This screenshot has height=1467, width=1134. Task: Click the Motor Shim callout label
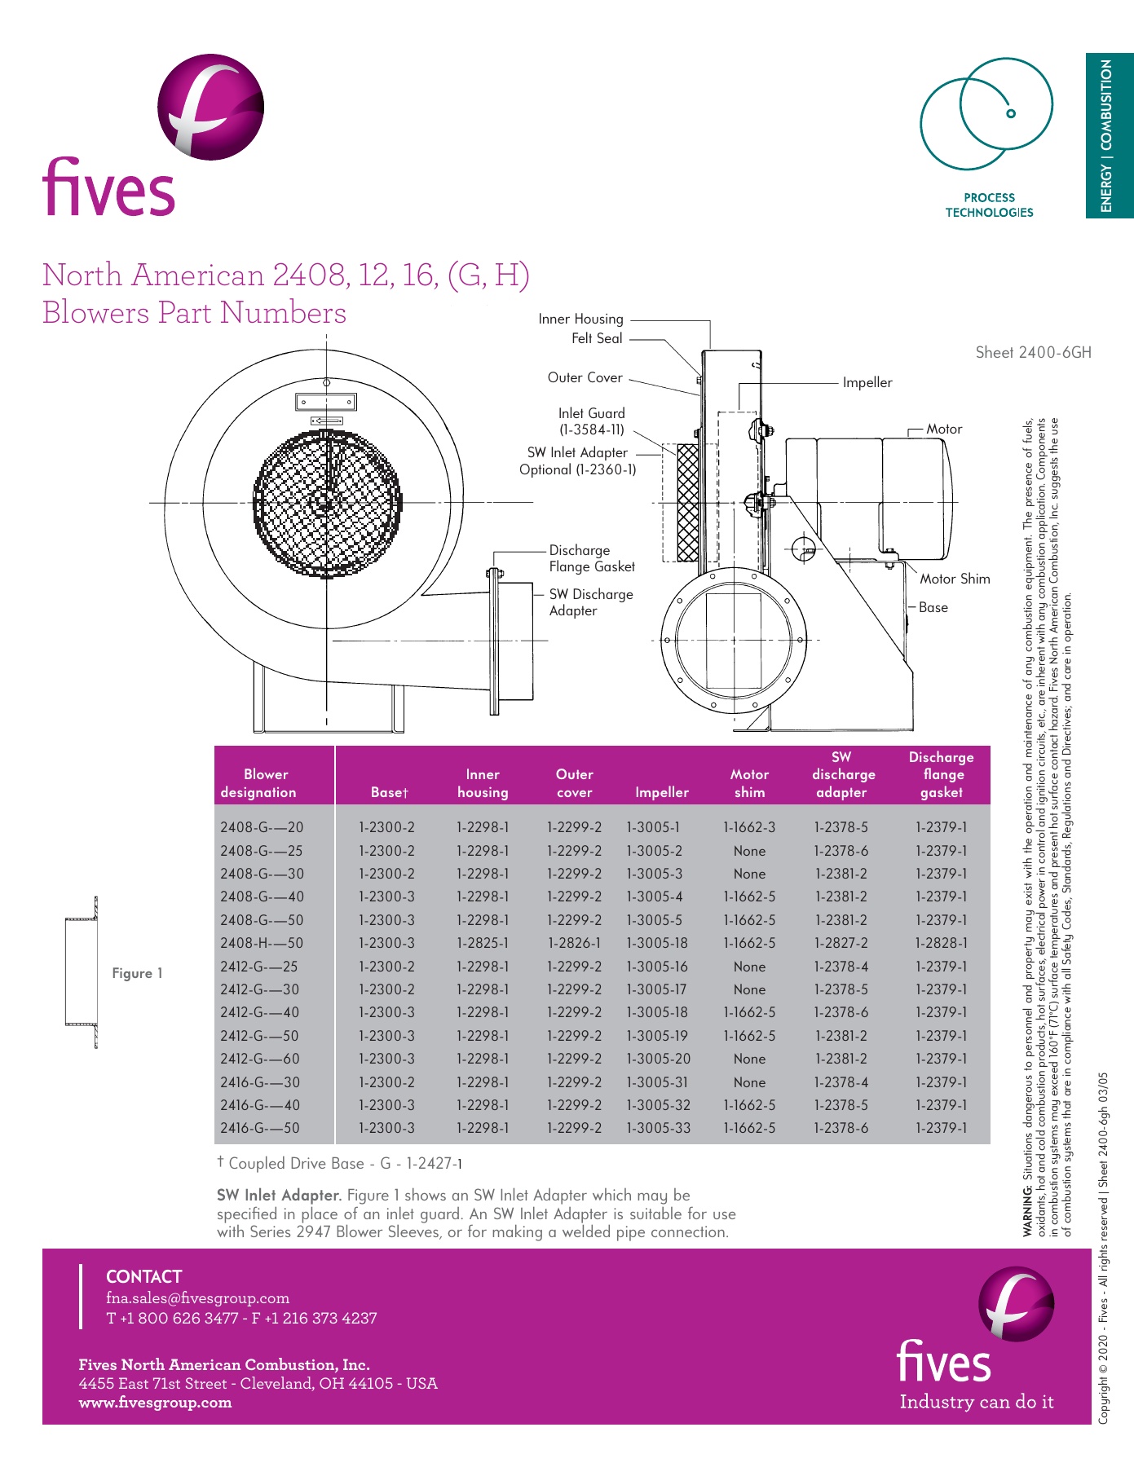(x=955, y=579)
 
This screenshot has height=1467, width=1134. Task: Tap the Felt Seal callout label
(x=597, y=338)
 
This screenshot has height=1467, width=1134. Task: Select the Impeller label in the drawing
(x=867, y=382)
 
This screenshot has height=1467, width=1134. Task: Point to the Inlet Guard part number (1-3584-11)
(x=592, y=430)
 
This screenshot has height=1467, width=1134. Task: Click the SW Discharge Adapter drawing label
(x=590, y=602)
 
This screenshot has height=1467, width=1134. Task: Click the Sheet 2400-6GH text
(x=1033, y=352)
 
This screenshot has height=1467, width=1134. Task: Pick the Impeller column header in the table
(x=661, y=792)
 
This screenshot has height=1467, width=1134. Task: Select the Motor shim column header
(x=749, y=783)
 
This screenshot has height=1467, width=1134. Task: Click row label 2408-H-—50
(x=262, y=943)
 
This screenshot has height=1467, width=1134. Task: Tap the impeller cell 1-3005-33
(x=658, y=1128)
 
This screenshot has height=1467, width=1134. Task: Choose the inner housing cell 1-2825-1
(x=483, y=943)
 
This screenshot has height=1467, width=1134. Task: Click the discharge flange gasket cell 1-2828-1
(x=941, y=943)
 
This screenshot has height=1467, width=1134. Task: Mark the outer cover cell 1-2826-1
(x=574, y=943)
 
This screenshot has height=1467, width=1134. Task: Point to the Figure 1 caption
(x=137, y=973)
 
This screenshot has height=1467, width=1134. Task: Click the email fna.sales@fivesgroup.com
(x=197, y=1297)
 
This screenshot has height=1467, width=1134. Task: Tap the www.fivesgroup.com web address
(x=155, y=1403)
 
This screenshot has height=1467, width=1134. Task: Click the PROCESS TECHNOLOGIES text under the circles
(x=989, y=205)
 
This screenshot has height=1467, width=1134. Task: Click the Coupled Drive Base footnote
(x=340, y=1163)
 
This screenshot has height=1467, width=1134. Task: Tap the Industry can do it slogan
(x=976, y=1402)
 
